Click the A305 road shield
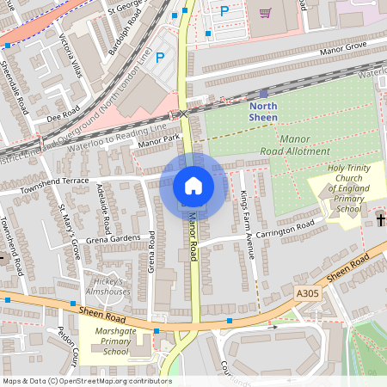tap(307, 294)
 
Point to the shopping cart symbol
tap(265, 12)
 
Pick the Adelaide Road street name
tap(103, 209)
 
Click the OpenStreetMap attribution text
tap(86, 381)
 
